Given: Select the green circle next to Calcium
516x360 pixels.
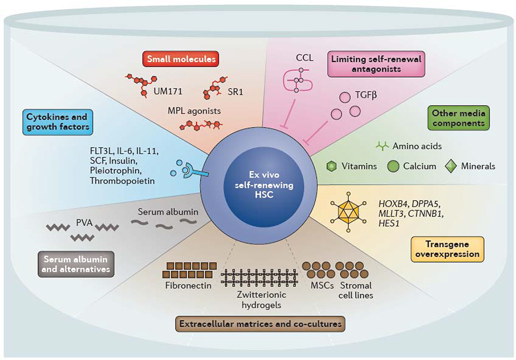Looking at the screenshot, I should point(393,166).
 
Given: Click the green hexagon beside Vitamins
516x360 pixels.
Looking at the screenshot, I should point(331,166).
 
